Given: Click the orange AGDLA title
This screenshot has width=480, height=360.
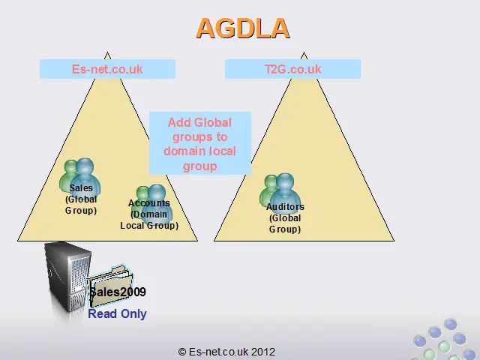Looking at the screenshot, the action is (243, 28).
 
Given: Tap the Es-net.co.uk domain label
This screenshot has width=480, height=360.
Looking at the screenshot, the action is (107, 69).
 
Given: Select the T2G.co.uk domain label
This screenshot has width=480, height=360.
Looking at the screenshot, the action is (292, 69).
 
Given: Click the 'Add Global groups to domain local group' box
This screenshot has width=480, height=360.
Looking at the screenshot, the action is (200, 143).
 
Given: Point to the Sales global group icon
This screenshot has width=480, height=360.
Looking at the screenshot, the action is (79, 176).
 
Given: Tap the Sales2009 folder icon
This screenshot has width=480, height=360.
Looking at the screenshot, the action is (109, 286).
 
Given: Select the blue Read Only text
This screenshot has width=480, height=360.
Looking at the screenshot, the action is (117, 313).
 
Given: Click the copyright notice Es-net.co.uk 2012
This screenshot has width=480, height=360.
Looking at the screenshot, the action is (226, 352).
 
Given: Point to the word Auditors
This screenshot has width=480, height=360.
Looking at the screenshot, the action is (285, 207).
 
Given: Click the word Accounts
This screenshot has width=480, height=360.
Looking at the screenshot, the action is (149, 203).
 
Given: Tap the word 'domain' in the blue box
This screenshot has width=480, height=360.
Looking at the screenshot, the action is (182, 151).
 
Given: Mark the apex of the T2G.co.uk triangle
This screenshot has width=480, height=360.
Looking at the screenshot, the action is (304, 52).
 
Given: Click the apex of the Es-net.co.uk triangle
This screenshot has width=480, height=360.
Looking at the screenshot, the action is (107, 52).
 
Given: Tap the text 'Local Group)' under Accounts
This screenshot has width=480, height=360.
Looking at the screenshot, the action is (149, 226).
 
